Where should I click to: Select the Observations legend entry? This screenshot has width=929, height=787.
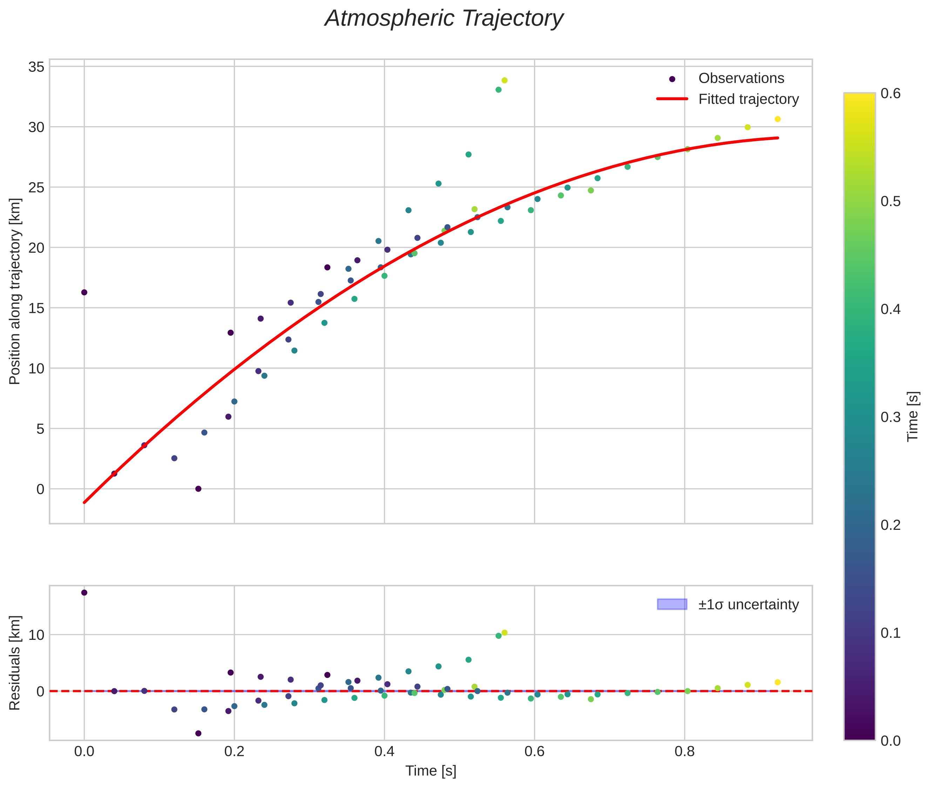[x=741, y=78]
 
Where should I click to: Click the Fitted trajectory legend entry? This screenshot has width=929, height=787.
[x=748, y=100]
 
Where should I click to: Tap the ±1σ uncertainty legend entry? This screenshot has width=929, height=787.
[x=748, y=605]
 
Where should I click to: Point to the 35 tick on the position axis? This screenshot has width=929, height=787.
[x=36, y=67]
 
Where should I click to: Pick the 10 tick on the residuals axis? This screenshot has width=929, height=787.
[x=36, y=635]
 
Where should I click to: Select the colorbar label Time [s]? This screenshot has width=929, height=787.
[x=913, y=416]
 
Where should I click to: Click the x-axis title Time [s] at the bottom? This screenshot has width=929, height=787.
[x=431, y=771]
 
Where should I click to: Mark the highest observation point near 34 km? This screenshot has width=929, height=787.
[x=504, y=80]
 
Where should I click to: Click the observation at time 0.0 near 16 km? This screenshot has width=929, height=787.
[x=84, y=292]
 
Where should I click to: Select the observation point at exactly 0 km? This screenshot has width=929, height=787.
[x=198, y=488]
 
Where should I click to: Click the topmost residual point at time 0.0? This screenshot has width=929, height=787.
[x=84, y=593]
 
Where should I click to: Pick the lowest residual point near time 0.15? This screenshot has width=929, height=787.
[x=198, y=733]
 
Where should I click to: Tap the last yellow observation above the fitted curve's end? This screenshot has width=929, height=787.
[x=777, y=119]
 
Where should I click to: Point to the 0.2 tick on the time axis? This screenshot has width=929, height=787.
[x=234, y=751]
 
